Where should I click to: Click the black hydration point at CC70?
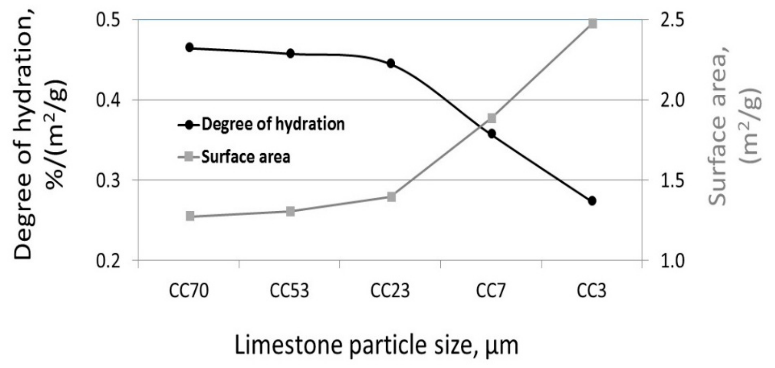(x=190, y=47)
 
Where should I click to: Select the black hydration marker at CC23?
(x=391, y=64)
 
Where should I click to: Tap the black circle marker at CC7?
(x=492, y=134)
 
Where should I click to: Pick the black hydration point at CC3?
(x=592, y=201)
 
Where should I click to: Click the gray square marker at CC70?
(x=190, y=216)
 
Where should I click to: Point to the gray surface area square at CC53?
(x=290, y=211)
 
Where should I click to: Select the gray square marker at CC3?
(x=593, y=23)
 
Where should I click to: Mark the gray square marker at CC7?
(x=492, y=118)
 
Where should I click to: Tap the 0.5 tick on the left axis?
(x=108, y=20)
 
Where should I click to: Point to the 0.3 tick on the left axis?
(x=108, y=180)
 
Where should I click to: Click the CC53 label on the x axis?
(x=289, y=291)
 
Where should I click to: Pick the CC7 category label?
(x=491, y=291)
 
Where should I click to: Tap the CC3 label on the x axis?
(x=591, y=291)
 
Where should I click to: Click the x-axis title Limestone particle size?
(x=376, y=346)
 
